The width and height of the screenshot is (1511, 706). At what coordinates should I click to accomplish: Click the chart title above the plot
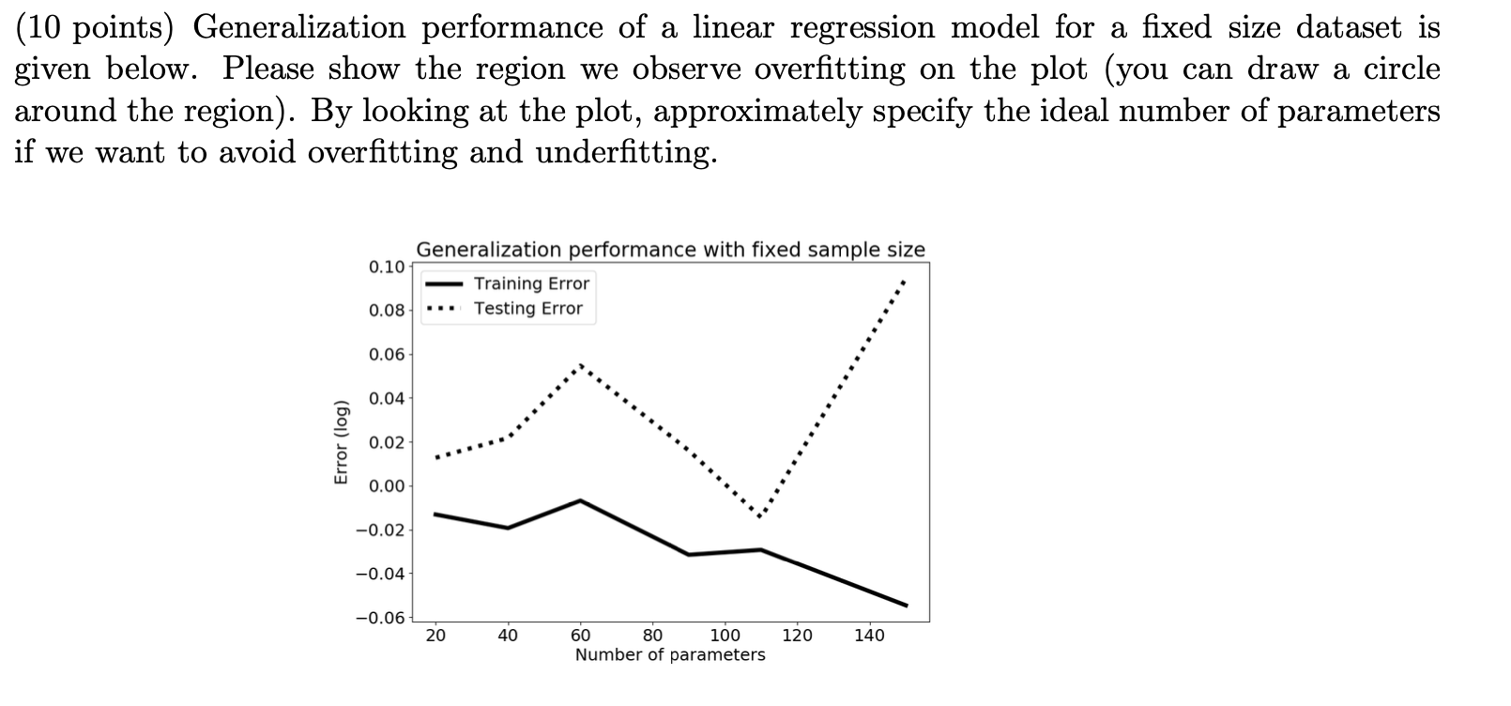coord(670,250)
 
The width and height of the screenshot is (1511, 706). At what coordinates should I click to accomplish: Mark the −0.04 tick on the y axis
coord(381,574)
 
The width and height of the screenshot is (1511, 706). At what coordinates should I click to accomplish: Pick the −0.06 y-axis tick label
coord(381,618)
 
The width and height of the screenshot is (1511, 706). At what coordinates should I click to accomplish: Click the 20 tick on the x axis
coord(435,636)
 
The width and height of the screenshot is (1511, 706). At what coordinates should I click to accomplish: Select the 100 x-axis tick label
coord(725,636)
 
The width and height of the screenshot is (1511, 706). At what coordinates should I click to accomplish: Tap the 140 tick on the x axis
coord(870,636)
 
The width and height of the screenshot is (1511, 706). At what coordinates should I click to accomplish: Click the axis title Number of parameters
coord(670,655)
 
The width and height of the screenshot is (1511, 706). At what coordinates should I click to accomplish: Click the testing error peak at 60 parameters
coord(581,364)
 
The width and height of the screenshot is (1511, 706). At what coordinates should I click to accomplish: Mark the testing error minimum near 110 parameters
coord(760,516)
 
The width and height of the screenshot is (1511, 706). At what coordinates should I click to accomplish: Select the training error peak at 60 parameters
coord(581,500)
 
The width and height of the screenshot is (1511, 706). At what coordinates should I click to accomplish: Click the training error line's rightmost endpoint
coord(906,605)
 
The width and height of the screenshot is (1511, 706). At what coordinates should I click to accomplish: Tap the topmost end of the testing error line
coord(904,280)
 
